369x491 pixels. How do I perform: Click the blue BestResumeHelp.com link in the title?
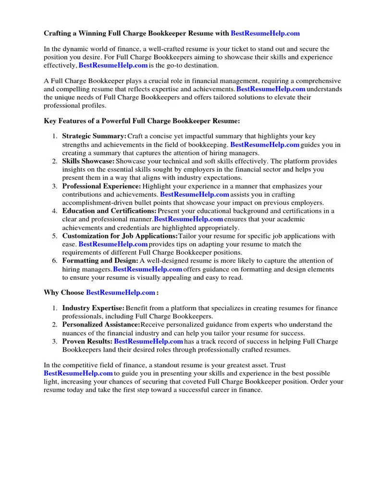265,33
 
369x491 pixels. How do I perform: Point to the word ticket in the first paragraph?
217,49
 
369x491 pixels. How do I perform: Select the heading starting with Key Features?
142,121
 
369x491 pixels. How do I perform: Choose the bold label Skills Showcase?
88,161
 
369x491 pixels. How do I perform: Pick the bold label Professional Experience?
101,186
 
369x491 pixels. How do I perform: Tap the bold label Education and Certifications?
109,211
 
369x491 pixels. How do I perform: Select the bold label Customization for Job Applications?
120,236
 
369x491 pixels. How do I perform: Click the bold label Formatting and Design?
100,261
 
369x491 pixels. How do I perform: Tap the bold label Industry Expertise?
93,308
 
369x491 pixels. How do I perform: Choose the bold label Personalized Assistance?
101,325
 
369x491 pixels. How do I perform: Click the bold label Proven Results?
87,341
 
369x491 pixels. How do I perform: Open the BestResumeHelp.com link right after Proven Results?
148,341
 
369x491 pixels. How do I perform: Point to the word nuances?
75,333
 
